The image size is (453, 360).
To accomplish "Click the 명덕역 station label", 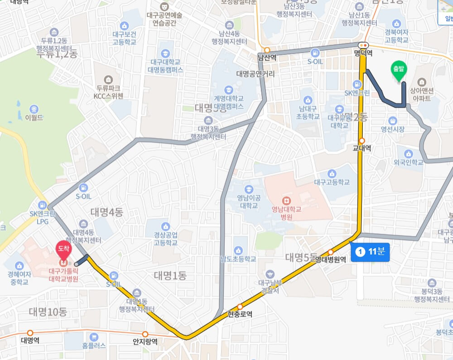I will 363,53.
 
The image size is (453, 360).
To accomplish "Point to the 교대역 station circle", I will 361,140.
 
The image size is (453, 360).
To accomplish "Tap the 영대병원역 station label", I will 331,259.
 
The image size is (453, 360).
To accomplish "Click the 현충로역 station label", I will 240,314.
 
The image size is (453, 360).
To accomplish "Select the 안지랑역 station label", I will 145,341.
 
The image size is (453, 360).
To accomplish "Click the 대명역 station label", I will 30,340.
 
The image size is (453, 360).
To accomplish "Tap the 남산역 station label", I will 266,58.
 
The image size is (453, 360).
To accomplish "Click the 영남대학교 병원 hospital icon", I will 286,200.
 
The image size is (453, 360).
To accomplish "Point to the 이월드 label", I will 34,117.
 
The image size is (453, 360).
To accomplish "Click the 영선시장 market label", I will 392,130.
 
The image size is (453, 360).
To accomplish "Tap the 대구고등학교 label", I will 332,182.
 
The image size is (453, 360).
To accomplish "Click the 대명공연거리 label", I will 255,73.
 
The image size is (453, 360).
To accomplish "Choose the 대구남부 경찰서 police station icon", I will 270,274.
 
